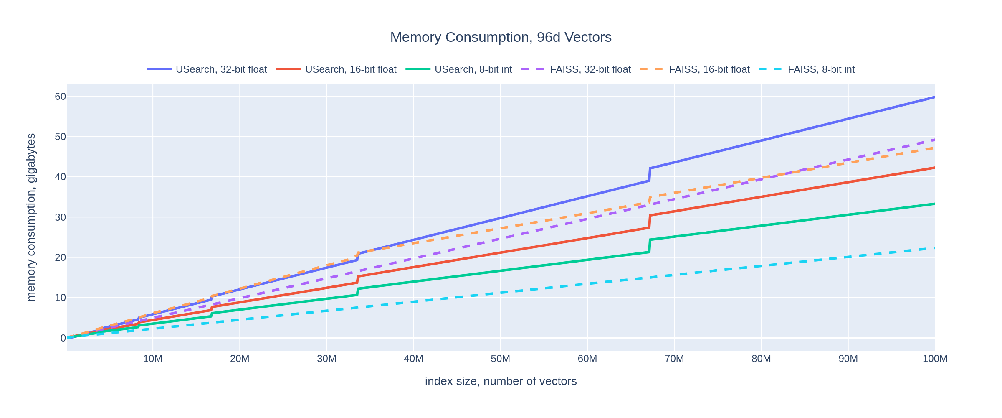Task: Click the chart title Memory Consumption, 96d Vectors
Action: [x=501, y=37]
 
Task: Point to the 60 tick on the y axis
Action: [x=61, y=97]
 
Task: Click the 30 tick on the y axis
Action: [x=61, y=217]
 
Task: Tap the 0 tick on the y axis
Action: [x=63, y=338]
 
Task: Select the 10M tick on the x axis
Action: [x=153, y=359]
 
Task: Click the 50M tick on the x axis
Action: [x=500, y=359]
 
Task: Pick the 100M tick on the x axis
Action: [x=934, y=359]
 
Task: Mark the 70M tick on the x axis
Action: [x=674, y=359]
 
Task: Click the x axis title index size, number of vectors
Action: [x=501, y=381]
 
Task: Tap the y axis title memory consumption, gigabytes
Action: [x=31, y=217]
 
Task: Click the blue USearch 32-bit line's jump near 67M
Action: [x=650, y=174]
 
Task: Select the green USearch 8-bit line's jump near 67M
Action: [x=650, y=246]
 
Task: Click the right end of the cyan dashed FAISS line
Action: [x=934, y=248]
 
